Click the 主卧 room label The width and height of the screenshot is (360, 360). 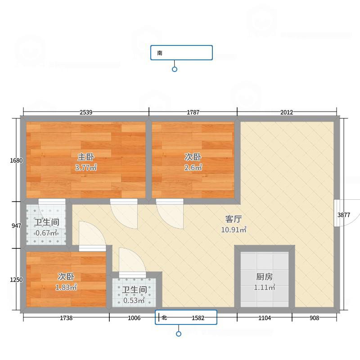click(x=86, y=157)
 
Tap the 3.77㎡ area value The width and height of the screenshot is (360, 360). click(x=86, y=167)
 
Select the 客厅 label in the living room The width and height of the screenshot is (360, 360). click(x=234, y=219)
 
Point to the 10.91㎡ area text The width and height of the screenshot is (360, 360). click(x=234, y=229)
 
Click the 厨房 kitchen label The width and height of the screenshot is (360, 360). click(x=265, y=277)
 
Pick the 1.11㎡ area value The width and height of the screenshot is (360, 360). click(x=265, y=287)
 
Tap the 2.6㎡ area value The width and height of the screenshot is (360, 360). click(x=193, y=167)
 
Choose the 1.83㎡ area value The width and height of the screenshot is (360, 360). click(x=66, y=287)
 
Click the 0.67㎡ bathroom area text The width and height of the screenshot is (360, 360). click(x=46, y=233)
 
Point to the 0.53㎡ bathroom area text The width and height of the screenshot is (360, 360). click(x=134, y=300)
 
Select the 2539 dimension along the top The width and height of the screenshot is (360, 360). click(x=86, y=112)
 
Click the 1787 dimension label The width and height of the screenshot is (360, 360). click(x=193, y=112)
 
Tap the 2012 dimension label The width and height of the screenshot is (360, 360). click(x=287, y=112)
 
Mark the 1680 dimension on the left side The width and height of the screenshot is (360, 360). click(x=16, y=161)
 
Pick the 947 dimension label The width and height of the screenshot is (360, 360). click(x=17, y=226)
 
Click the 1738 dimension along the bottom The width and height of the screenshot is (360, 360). click(x=66, y=318)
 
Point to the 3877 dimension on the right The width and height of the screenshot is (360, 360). click(x=344, y=215)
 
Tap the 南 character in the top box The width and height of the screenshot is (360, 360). click(x=160, y=53)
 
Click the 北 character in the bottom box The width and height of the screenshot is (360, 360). click(x=164, y=318)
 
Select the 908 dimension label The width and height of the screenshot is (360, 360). click(x=314, y=318)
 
